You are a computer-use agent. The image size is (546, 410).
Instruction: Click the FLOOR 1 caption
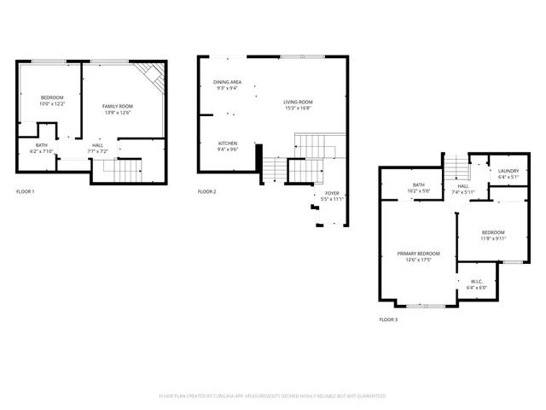[x=26, y=191]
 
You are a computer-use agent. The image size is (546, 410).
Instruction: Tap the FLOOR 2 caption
[x=207, y=191]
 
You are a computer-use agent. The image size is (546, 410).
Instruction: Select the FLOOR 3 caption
[x=388, y=319]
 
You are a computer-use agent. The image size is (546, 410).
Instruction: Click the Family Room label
[x=118, y=105]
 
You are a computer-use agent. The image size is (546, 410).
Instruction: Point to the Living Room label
[x=298, y=102]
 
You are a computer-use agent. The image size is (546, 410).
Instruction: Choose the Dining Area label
[x=227, y=82]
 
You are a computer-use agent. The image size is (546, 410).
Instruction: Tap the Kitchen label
[x=227, y=143]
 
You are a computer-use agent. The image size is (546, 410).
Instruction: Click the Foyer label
[x=333, y=193]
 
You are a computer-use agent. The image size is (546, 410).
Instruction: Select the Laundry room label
[x=508, y=172]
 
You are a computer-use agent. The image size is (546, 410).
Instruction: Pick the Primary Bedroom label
[x=419, y=254]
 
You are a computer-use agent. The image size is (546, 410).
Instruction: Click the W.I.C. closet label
[x=476, y=282]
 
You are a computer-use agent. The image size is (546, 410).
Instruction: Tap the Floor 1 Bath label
[x=41, y=145]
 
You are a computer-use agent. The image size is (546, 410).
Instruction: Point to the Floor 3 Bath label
[x=419, y=184]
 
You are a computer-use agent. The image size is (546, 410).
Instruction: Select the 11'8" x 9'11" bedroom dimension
[x=493, y=238]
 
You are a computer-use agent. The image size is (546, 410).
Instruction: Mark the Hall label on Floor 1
[x=98, y=145]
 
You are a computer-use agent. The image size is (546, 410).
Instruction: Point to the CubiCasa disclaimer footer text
[x=273, y=396]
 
